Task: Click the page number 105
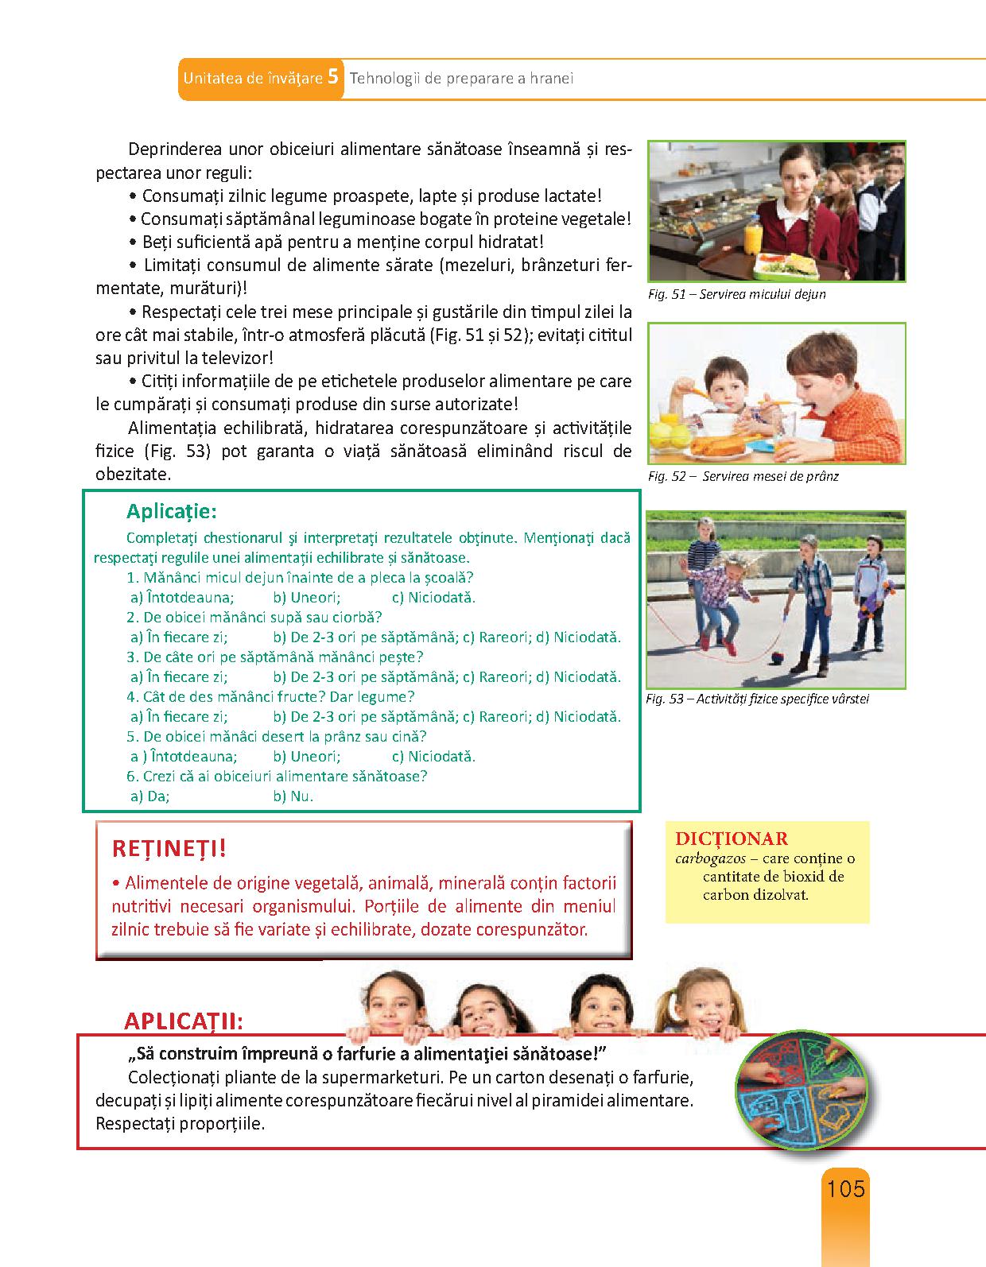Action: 845,1189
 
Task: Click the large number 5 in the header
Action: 333,77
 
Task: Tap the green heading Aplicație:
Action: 172,510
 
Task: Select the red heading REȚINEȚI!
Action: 169,848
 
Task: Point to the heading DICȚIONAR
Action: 732,839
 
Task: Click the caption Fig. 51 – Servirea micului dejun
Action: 736,294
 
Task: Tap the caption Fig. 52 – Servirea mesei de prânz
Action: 743,476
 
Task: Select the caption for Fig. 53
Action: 758,699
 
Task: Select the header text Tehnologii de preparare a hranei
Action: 461,79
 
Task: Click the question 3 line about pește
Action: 275,657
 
